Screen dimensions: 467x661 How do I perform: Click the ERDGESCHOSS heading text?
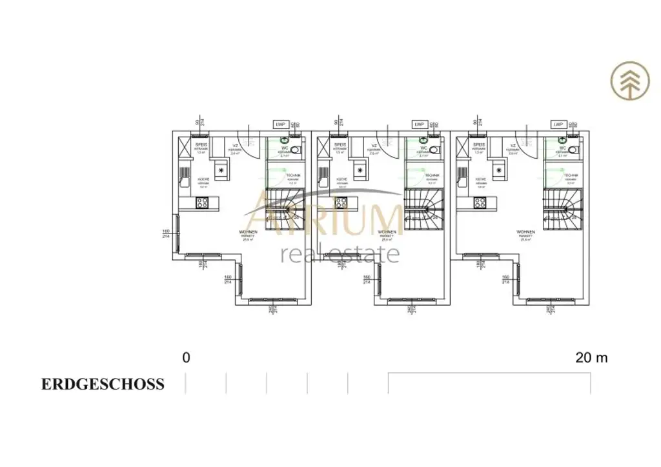(103, 384)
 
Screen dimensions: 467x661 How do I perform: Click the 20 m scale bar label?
(591, 357)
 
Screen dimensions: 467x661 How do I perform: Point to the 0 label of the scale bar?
(187, 357)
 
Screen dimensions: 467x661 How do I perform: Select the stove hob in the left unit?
(202, 203)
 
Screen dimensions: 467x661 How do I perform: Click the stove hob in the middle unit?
(340, 203)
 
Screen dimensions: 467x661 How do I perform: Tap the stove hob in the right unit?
(480, 203)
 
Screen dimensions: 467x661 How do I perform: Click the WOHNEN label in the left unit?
(248, 232)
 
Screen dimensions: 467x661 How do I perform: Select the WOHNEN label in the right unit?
(526, 232)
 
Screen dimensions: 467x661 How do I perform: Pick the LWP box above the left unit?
(280, 124)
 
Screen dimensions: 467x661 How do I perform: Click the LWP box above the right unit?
(558, 124)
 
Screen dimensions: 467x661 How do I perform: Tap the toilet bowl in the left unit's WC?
(295, 150)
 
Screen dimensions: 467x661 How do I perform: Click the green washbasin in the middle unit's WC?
(423, 139)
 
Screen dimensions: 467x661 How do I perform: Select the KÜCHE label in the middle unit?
(342, 179)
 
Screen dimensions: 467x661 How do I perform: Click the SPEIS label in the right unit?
(478, 145)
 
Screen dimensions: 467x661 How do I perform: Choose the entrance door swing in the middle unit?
(390, 146)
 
